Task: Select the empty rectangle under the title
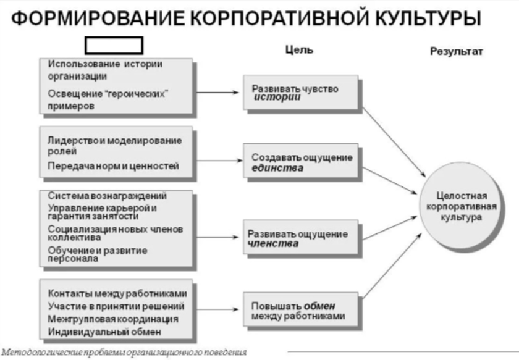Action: click(x=113, y=45)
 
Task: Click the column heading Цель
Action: click(x=298, y=51)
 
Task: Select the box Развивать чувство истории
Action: click(x=300, y=93)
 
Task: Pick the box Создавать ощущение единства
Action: click(x=300, y=162)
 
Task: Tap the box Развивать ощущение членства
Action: click(x=300, y=238)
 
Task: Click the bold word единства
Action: click(x=277, y=168)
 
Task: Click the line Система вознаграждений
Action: click(x=108, y=196)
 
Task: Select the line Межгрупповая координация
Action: click(x=113, y=319)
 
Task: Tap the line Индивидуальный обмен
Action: click(x=104, y=332)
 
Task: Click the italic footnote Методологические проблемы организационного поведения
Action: click(x=124, y=353)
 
